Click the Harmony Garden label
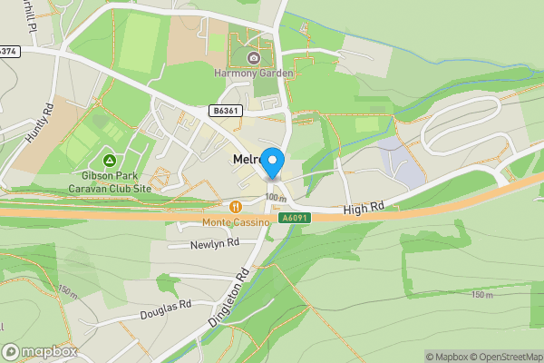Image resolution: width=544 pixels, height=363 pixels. [x=253, y=73]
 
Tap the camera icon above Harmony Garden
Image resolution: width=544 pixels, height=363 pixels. [x=254, y=58]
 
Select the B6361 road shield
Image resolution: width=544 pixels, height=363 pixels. [x=225, y=111]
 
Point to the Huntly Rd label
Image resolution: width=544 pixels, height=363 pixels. [x=40, y=121]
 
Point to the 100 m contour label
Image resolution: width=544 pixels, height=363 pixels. [x=275, y=197]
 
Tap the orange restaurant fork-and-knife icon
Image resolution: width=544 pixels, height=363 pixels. [x=236, y=207]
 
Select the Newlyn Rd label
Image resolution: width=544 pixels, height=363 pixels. [x=214, y=244]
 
